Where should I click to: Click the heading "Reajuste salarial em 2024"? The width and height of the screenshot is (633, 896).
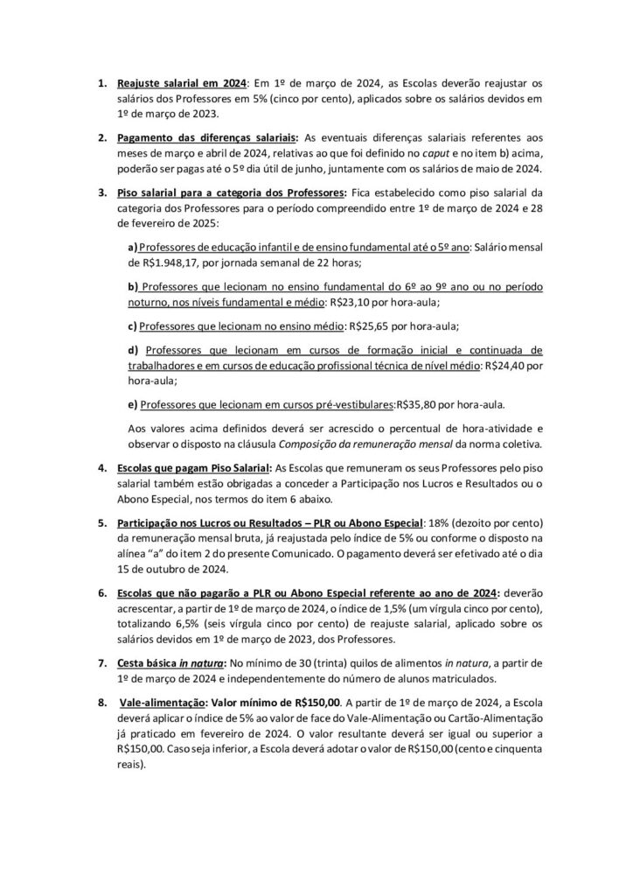182,84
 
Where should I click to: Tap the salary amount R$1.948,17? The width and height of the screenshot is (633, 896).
157,262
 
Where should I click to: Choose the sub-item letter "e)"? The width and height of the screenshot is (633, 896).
133,405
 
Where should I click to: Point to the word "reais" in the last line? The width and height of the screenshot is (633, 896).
129,764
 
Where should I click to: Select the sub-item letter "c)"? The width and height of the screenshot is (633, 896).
133,325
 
